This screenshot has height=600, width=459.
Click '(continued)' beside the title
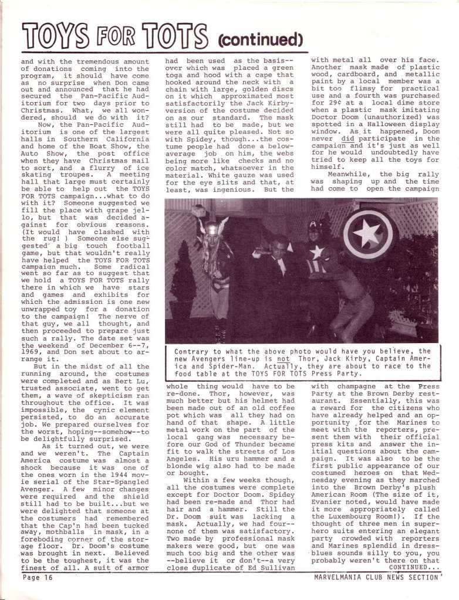(x=259, y=40)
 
